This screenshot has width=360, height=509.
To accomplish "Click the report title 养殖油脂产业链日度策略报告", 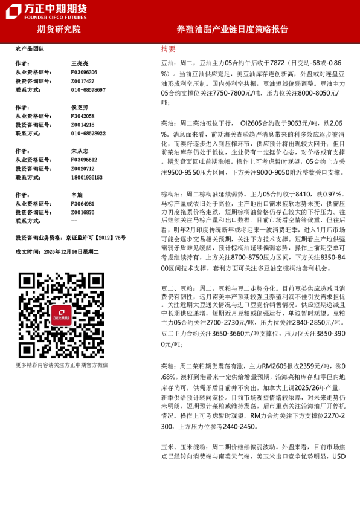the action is click(x=233, y=29).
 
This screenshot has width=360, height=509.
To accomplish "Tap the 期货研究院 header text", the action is click(x=59, y=29).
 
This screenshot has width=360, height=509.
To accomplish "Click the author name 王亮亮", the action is click(x=80, y=63).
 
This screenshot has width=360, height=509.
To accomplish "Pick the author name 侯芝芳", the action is click(x=80, y=107).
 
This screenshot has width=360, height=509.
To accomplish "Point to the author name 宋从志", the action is click(x=80, y=151).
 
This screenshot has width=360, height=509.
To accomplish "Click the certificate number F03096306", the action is click(x=84, y=72).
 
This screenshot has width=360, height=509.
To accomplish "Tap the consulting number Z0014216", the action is click(x=83, y=125).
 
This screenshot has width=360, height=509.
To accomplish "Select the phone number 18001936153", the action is click(x=87, y=178).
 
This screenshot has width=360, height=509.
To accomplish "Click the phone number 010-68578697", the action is click(x=88, y=89).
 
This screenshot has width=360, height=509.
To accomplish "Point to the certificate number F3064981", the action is click(x=83, y=204).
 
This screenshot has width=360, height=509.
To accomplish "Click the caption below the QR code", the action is click(x=62, y=365).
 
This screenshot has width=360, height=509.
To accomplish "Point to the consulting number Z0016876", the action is click(x=83, y=212).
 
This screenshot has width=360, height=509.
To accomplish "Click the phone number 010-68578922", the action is click(x=88, y=134).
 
